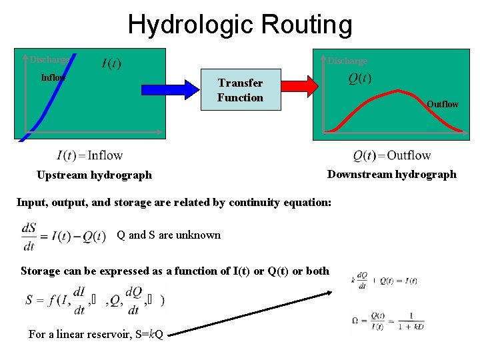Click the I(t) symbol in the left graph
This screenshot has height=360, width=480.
[x=111, y=64]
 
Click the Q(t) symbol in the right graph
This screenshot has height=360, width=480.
[x=360, y=79]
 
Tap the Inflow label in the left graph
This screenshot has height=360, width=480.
[x=53, y=77]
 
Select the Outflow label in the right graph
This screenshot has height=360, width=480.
[x=443, y=104]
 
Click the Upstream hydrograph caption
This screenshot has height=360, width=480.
[x=94, y=175]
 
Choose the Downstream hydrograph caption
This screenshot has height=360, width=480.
[x=392, y=174]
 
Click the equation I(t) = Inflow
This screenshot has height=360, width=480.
[x=89, y=156]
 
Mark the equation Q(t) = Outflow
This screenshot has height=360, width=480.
[x=392, y=156]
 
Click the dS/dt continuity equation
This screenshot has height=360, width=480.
[x=63, y=237]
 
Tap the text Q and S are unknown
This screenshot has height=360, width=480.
[x=169, y=235]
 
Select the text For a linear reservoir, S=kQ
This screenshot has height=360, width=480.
[x=96, y=334]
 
